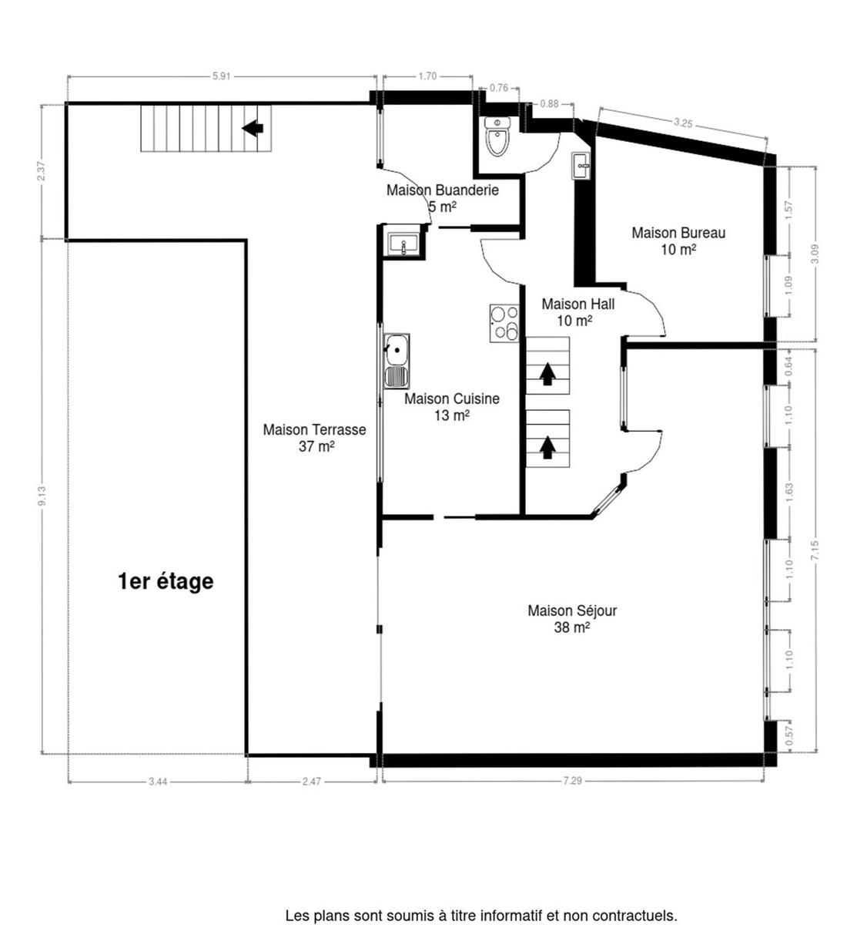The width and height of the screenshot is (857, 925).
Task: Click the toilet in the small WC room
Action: point(497,136)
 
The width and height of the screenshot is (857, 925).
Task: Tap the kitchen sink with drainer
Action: point(397,361)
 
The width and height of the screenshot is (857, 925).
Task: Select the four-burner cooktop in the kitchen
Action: point(504,323)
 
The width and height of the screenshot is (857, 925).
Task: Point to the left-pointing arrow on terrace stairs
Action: point(253,127)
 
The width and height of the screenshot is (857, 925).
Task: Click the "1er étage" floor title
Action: point(166,581)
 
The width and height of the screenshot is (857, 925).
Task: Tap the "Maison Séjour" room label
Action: point(572,610)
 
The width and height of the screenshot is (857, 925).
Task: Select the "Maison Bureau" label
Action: point(678,233)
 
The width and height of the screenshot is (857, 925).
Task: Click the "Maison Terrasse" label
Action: point(314,429)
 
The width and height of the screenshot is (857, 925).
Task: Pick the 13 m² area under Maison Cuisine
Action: point(452,415)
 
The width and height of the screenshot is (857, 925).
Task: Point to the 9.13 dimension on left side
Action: point(42,496)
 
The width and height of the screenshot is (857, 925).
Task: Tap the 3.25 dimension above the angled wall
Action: point(683,123)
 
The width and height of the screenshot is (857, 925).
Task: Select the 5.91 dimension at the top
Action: point(222,76)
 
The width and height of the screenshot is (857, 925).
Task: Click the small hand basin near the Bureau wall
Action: point(581,166)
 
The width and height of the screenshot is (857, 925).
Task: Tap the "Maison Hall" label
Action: point(577,304)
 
